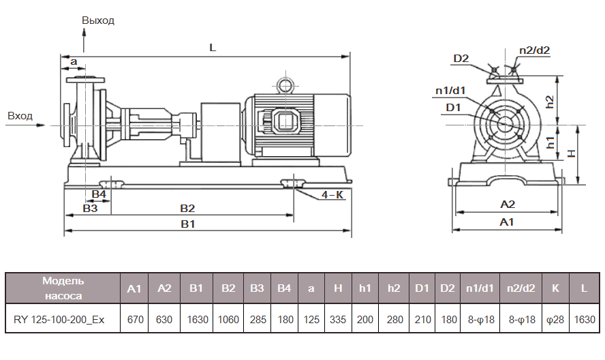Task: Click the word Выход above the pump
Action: click(x=98, y=20)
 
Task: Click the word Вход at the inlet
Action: click(x=20, y=116)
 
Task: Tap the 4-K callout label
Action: click(x=332, y=195)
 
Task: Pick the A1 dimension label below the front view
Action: click(x=506, y=222)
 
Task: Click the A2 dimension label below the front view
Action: click(x=508, y=205)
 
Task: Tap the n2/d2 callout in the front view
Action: click(x=534, y=50)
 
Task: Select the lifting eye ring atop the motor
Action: click(x=283, y=84)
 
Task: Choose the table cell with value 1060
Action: click(x=228, y=318)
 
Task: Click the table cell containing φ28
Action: click(x=555, y=318)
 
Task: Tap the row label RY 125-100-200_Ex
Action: click(x=59, y=318)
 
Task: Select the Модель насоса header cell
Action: click(x=63, y=288)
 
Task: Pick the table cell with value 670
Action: click(x=134, y=318)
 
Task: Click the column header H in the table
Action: click(x=338, y=288)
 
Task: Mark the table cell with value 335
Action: click(x=338, y=318)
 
